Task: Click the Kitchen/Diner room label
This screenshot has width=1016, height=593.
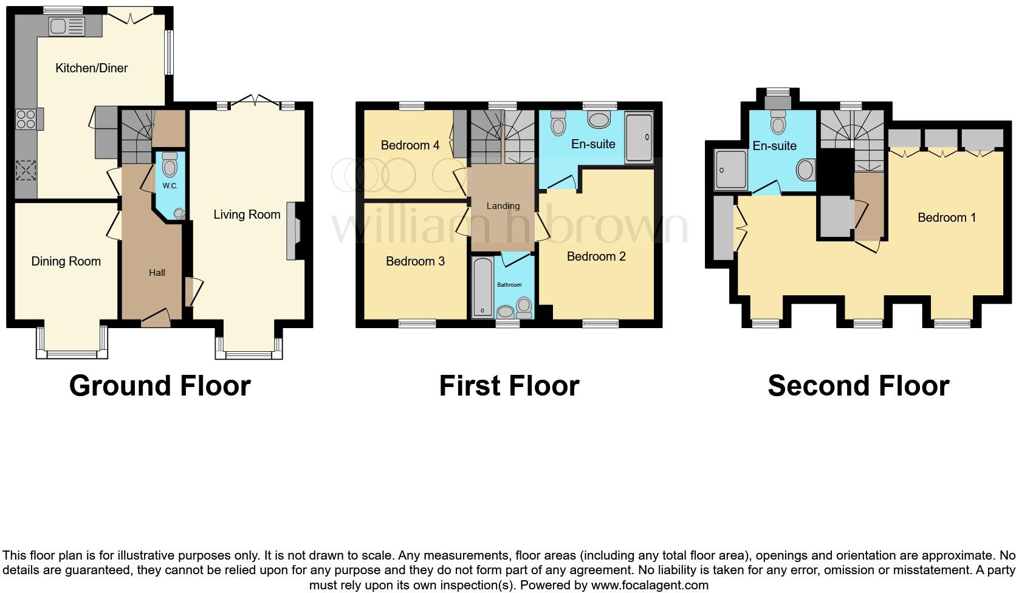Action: tap(91, 68)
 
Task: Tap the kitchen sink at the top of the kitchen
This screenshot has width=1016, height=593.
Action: tap(67, 26)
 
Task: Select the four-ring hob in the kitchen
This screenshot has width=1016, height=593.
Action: tap(26, 118)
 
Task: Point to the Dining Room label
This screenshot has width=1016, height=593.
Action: tap(66, 261)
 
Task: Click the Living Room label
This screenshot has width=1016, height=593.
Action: tap(247, 214)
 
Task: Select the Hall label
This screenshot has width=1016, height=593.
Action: tap(157, 273)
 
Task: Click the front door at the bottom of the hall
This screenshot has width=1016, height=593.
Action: tap(155, 317)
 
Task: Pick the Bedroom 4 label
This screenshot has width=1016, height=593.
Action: tap(410, 145)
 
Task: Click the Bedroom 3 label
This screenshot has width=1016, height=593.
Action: tap(415, 261)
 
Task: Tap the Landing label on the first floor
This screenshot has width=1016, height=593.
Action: tap(503, 206)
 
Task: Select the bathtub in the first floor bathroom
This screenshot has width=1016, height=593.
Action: tap(482, 287)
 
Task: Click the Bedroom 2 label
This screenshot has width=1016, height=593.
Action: tap(596, 256)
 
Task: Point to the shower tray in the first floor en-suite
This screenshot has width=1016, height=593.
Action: tap(639, 138)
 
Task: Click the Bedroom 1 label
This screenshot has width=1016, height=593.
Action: tap(946, 218)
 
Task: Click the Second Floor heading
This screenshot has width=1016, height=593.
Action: tap(858, 386)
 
